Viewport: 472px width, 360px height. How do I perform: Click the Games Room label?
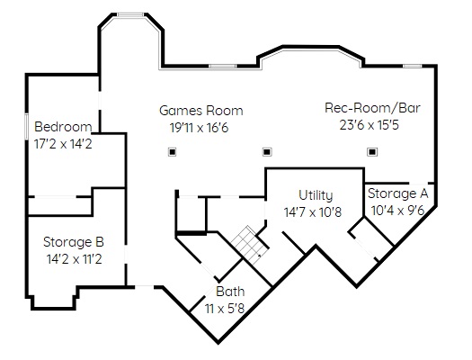[x=201, y=111]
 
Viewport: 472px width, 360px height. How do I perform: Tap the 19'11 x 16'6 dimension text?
[x=200, y=128]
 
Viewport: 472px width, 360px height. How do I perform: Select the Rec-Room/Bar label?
[x=372, y=108]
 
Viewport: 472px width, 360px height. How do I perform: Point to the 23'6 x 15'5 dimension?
[x=370, y=125]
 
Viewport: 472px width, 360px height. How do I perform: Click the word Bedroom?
[x=63, y=127]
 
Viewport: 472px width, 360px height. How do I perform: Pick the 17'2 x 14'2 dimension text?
[x=63, y=144]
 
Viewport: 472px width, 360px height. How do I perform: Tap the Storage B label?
[x=74, y=242]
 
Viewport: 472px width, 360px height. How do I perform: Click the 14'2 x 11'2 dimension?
[x=75, y=259]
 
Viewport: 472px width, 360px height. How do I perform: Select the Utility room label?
[x=316, y=195]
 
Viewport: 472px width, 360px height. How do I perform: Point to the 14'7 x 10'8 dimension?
[x=313, y=212]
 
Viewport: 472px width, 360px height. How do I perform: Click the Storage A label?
[x=397, y=193]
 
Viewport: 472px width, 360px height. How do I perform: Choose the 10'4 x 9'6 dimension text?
[x=397, y=211]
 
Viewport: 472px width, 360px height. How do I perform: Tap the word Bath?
[x=230, y=292]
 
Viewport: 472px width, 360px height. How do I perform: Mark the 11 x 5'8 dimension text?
[x=225, y=309]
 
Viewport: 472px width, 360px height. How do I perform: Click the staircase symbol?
[x=250, y=245]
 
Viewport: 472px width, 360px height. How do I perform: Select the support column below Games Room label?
[x=173, y=152]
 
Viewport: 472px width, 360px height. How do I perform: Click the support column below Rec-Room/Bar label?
[x=372, y=152]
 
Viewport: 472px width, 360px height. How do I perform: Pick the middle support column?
[x=267, y=152]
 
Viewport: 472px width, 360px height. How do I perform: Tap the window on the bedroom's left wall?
[x=26, y=126]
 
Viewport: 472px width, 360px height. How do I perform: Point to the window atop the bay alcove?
[x=130, y=14]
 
